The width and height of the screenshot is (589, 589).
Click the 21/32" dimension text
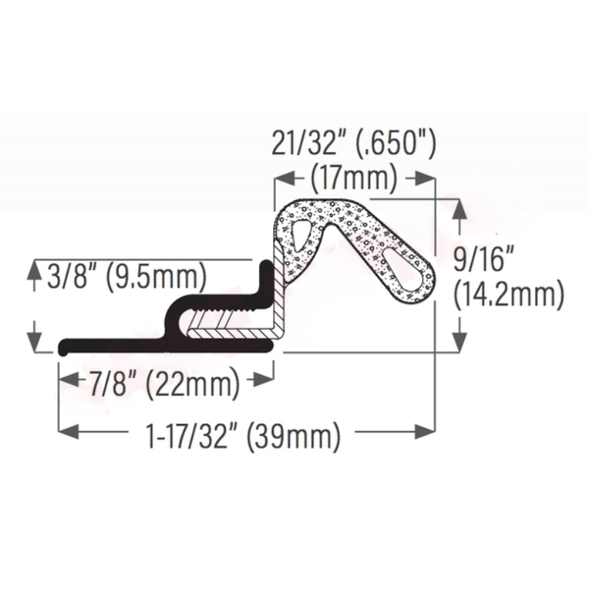tap(309, 146)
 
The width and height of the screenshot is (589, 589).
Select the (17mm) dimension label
tap(353, 179)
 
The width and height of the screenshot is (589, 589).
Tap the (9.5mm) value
tap(156, 278)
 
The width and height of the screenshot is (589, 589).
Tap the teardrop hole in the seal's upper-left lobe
tap(299, 233)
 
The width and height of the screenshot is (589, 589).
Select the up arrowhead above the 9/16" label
tap(457, 207)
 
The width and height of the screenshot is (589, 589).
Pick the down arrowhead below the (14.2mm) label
tap(457, 344)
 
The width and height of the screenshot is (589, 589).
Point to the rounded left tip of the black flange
tap(62, 347)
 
